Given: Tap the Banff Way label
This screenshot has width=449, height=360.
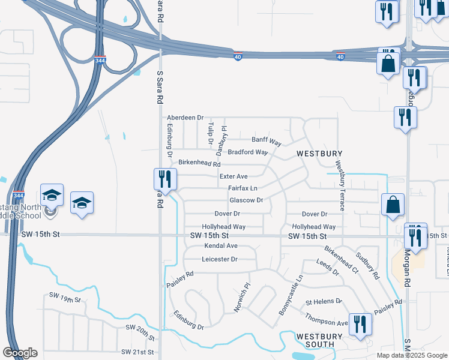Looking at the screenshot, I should click(x=267, y=141).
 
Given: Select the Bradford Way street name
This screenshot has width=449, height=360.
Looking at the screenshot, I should click(x=247, y=152).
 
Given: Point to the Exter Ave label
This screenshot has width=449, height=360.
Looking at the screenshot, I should click(x=234, y=176).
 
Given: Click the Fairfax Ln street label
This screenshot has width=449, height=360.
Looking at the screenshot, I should click(x=243, y=188).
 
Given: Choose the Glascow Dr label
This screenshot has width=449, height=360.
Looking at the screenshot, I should click(x=246, y=200).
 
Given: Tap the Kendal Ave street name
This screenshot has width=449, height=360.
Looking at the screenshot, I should click(x=221, y=246).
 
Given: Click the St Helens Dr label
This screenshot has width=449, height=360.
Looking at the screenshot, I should click(x=324, y=301).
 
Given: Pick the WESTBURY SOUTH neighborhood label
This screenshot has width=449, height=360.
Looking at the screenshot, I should click(x=319, y=340).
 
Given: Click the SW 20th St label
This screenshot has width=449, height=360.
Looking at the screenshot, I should click(x=140, y=329).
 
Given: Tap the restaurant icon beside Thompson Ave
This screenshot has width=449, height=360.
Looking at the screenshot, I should click(x=360, y=325).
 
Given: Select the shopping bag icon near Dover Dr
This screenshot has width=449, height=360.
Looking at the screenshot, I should click(x=392, y=205).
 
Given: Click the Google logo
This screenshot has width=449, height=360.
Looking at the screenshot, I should click(x=20, y=353).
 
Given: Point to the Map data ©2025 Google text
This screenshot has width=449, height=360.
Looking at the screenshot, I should click(x=411, y=355).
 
